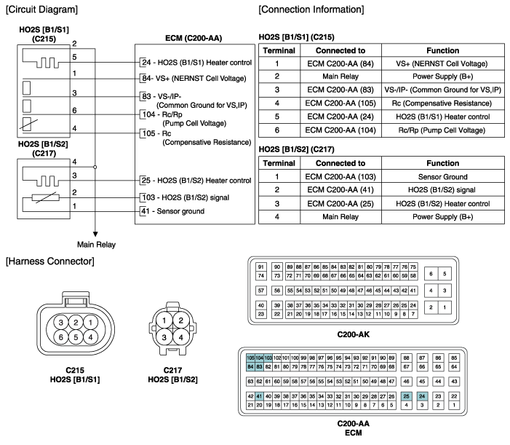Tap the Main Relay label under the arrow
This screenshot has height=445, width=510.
96,244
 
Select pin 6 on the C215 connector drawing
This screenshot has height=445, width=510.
55,336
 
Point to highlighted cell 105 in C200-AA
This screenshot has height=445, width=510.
251,358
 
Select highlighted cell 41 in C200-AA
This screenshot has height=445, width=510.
259,395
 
